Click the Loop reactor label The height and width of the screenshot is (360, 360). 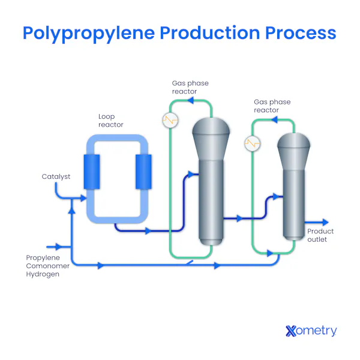point(111,121)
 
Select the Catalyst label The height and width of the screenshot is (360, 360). point(56,176)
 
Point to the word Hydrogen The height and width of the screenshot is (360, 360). point(43,274)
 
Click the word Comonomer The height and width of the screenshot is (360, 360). point(48,266)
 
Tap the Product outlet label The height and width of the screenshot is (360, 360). point(320,235)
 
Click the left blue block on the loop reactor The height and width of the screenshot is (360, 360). point(92,172)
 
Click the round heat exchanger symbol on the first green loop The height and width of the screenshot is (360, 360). point(171,120)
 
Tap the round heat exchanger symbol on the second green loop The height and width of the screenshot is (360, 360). point(253,144)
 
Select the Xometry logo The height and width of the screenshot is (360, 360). point(311,331)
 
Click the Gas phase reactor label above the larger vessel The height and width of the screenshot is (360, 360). point(190,87)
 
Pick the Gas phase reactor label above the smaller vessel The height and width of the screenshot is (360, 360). point(272,106)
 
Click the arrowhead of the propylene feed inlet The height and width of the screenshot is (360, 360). point(59,246)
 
